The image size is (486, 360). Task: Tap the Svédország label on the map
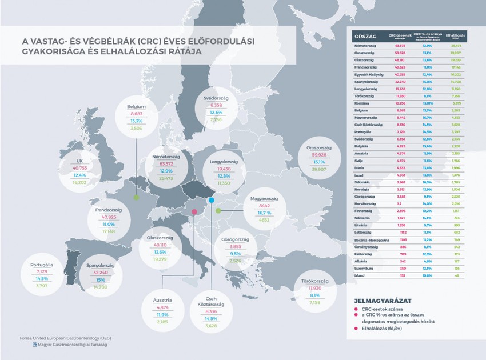(x=216, y=98)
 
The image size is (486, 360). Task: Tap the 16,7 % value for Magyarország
(x=264, y=212)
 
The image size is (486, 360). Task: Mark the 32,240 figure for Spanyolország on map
(x=101, y=273)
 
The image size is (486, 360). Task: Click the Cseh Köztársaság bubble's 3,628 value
(x=212, y=325)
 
